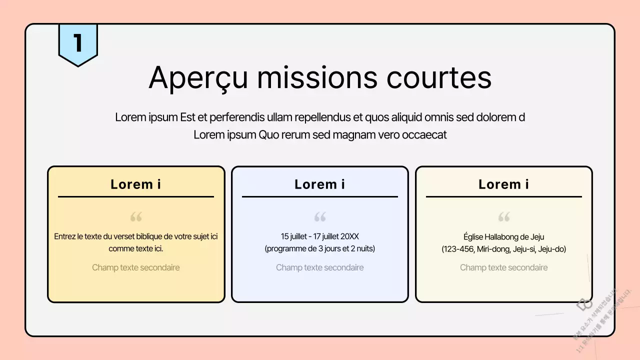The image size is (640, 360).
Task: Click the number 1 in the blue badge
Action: tap(77, 43)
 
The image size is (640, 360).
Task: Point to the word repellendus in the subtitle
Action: tap(322, 117)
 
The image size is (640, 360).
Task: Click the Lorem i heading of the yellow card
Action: tap(135, 184)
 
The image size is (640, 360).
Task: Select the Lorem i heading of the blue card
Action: tap(319, 184)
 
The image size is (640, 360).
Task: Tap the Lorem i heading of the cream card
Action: tap(503, 184)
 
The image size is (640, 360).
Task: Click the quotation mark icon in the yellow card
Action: tap(136, 217)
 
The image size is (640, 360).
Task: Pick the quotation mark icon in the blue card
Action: tap(320, 217)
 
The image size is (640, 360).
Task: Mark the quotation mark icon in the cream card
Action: tap(504, 217)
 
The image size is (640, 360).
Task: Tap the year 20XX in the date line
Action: tap(349, 236)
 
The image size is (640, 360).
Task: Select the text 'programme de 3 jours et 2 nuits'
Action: tap(320, 248)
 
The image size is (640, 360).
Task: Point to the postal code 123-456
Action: tap(458, 249)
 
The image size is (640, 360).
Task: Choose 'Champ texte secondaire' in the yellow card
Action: tap(135, 267)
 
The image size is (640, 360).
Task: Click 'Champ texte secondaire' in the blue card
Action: tap(319, 267)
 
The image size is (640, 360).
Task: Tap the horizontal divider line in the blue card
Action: tap(320, 196)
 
